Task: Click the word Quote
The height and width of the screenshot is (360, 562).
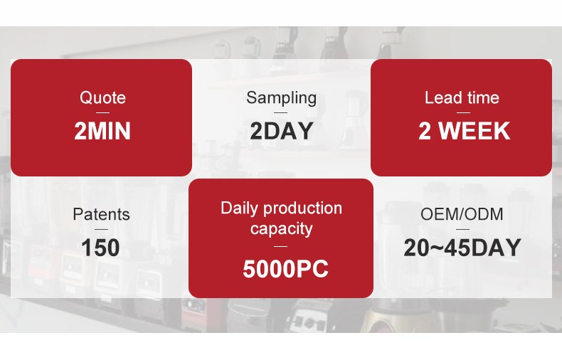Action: [x=102, y=97]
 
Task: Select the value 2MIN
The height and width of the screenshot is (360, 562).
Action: [x=102, y=130]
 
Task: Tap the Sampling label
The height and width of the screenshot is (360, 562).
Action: [x=282, y=98]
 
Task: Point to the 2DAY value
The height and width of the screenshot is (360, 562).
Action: [x=282, y=130]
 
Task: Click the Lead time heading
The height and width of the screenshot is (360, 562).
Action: [x=462, y=97]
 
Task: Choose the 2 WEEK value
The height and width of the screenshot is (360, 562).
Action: [x=464, y=130]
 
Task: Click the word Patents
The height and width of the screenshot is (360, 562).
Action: [x=101, y=214]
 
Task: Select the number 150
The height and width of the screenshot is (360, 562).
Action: [x=100, y=248]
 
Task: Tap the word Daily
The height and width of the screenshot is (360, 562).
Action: [x=239, y=208]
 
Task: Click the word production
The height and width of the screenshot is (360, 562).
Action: [x=302, y=208]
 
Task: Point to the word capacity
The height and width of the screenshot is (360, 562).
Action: [x=282, y=229]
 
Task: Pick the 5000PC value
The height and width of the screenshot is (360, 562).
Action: [x=285, y=269]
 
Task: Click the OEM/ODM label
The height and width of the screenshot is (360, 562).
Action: [x=462, y=214]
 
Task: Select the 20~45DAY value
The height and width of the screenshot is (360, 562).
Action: [x=462, y=248]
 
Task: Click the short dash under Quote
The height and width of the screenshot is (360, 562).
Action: [x=102, y=112]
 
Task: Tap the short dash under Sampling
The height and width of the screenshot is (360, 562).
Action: [x=280, y=112]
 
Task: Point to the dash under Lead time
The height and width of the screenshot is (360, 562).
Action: [x=463, y=112]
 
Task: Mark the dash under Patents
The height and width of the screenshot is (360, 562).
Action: [x=102, y=230]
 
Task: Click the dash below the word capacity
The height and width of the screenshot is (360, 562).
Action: [x=280, y=246]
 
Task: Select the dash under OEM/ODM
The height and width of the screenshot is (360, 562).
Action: [x=462, y=230]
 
